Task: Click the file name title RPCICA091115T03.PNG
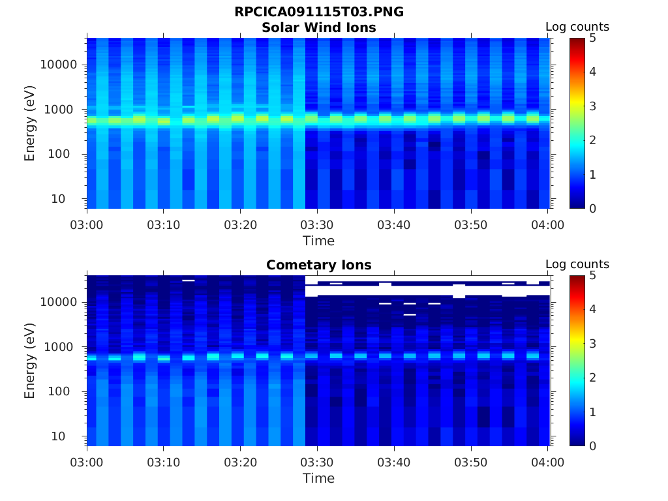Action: (x=318, y=12)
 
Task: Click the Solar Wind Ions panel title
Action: (x=318, y=27)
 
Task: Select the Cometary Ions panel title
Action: (x=318, y=265)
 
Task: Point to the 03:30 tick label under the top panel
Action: (x=317, y=225)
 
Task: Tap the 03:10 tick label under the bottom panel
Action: (x=164, y=463)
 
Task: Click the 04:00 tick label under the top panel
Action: (x=547, y=225)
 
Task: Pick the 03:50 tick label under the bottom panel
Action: (x=471, y=463)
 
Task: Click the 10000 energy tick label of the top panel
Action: (x=59, y=65)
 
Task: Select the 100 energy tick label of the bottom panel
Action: (x=59, y=391)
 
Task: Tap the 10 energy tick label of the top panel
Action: (x=58, y=199)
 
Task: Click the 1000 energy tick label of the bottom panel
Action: (x=59, y=347)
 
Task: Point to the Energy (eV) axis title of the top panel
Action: (x=29, y=123)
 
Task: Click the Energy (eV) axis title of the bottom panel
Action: (x=29, y=361)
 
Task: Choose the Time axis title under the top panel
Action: (x=318, y=241)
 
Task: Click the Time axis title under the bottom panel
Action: (x=318, y=478)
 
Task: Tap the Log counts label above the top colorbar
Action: (x=577, y=27)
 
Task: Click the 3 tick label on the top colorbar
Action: (x=592, y=106)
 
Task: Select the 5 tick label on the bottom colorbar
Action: (x=592, y=276)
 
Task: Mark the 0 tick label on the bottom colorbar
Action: (x=592, y=446)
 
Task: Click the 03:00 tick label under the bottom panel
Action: (x=87, y=463)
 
